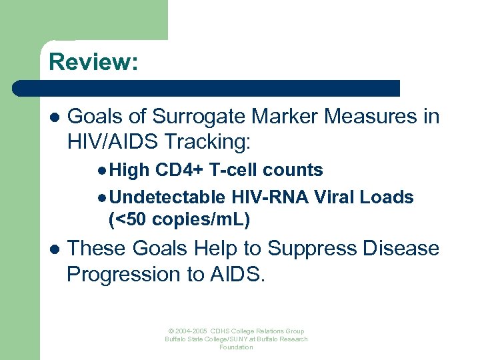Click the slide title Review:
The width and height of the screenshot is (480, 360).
(93, 62)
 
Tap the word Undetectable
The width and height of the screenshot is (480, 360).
(168, 198)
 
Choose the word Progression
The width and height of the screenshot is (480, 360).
(125, 274)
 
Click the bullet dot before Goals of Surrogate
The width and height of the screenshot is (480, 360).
(54, 117)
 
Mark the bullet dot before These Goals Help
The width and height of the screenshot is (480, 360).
(54, 249)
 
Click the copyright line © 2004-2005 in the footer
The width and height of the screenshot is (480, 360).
(236, 331)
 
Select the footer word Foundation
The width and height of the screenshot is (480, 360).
(236, 347)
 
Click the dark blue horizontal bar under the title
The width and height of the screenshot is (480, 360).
(207, 88)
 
